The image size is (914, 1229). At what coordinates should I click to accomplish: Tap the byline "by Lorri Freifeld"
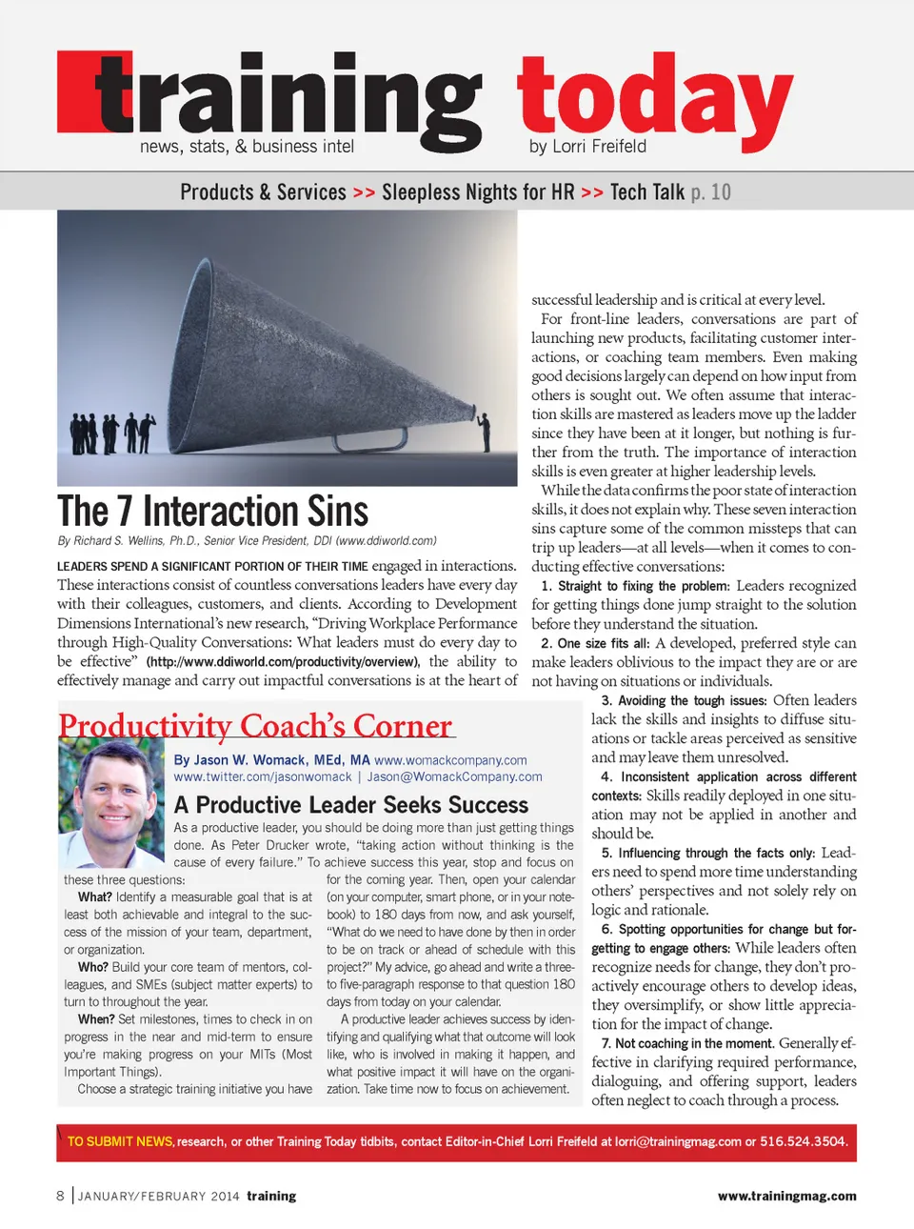(x=587, y=147)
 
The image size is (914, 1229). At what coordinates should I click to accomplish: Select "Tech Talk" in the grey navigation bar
(x=647, y=192)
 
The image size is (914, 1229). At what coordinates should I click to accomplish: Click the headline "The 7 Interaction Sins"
(x=212, y=512)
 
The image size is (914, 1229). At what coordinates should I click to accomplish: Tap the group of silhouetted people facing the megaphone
(x=111, y=433)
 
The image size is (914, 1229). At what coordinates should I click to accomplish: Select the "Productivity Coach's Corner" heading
(x=255, y=726)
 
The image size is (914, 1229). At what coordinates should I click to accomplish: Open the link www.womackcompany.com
(x=450, y=760)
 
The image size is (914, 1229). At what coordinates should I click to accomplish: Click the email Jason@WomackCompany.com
(x=454, y=776)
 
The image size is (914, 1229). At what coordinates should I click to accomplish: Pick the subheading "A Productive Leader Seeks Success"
(x=350, y=805)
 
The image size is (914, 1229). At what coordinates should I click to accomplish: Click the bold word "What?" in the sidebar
(x=95, y=897)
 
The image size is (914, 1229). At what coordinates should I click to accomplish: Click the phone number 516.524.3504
(x=803, y=1141)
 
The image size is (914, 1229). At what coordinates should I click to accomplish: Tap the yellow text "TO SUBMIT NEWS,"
(x=120, y=1141)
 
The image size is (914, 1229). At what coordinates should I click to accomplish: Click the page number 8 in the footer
(x=61, y=1196)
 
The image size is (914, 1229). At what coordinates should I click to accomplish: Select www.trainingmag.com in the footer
(x=786, y=1196)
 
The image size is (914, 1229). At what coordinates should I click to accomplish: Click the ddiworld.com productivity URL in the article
(x=282, y=662)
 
